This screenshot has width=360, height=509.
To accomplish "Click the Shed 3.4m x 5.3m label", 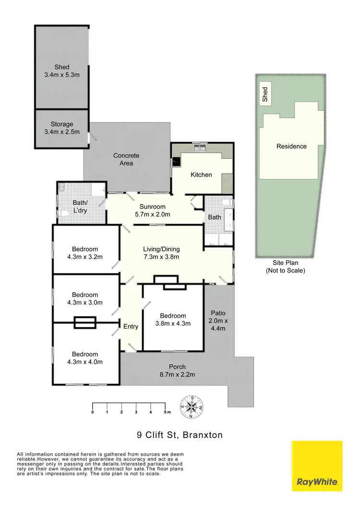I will (x=62, y=71).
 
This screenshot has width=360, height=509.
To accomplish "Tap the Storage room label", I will (x=62, y=128).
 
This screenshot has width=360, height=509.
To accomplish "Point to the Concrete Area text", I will (x=126, y=159).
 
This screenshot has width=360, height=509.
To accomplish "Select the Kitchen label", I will (x=201, y=175).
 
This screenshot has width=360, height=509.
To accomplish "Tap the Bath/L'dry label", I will (x=80, y=206).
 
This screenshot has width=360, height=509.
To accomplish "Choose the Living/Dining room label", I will (x=161, y=253).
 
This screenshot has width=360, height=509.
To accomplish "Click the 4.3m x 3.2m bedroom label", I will (x=85, y=253).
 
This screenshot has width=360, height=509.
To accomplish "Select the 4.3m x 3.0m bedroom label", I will (x=85, y=298).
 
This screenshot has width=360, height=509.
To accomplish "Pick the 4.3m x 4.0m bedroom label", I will (x=85, y=358).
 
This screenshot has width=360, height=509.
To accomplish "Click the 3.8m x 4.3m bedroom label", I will (x=173, y=320).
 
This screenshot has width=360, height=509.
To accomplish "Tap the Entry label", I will (x=131, y=327).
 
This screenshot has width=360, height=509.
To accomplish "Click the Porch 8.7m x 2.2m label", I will (x=174, y=371).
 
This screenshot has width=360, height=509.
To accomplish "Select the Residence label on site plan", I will (x=291, y=146).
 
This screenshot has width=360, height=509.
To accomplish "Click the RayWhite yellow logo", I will (x=317, y=466).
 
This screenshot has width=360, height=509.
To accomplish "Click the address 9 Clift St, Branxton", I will (x=180, y=436).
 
